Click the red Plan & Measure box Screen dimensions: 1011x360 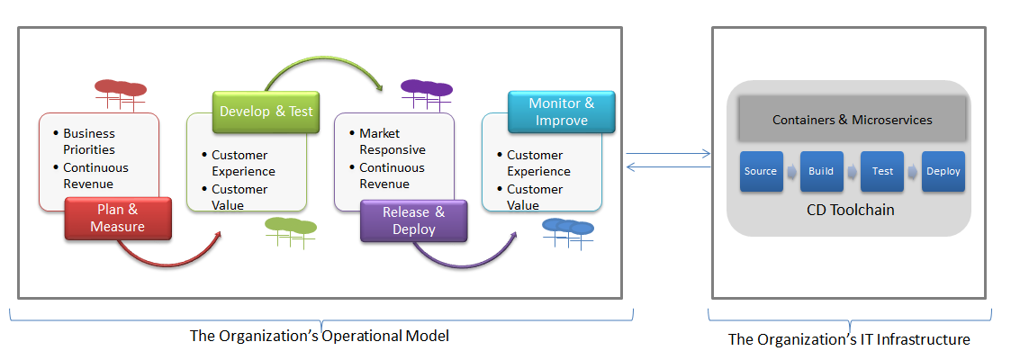[118, 219]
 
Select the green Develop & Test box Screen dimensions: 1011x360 [266, 112]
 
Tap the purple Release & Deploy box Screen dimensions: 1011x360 [413, 220]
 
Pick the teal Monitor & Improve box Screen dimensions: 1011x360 [562, 112]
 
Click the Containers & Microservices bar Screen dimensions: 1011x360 [853, 119]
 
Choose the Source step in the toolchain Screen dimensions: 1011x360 [761, 171]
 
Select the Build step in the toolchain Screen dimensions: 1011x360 [821, 171]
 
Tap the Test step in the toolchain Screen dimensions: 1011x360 [882, 171]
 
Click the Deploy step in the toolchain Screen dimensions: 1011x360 [943, 171]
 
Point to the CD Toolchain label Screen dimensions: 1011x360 [851, 210]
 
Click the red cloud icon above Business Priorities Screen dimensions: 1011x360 [121, 95]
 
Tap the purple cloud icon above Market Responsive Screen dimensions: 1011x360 [426, 95]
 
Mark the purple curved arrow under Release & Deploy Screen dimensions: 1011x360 [465, 264]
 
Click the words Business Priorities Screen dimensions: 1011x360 [89, 141]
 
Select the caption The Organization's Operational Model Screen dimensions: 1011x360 [320, 336]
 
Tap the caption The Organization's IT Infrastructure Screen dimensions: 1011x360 [849, 339]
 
